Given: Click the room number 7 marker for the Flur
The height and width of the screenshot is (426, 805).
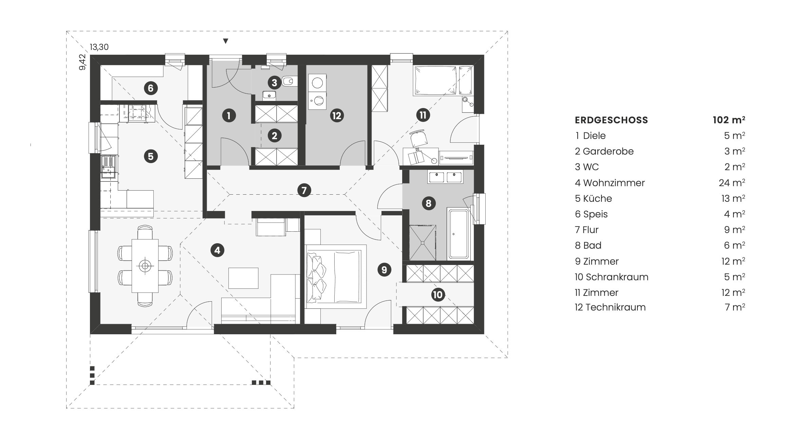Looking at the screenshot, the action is (304, 190).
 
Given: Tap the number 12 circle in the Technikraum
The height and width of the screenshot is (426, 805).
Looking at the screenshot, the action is (337, 116).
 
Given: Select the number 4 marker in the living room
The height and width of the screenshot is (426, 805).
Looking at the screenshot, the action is (217, 251).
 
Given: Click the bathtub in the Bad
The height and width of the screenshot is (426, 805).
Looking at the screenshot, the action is (458, 234).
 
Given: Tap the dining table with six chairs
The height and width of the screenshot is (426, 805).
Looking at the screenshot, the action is (145, 266).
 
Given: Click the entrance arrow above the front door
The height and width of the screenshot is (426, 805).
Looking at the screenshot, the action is (225, 41).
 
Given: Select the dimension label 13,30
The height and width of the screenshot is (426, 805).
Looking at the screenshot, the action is (99, 47).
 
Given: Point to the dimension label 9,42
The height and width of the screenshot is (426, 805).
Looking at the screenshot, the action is (82, 63).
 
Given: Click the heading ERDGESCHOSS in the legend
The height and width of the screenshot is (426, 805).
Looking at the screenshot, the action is (611, 120).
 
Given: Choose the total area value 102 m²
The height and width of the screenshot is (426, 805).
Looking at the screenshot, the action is (729, 120).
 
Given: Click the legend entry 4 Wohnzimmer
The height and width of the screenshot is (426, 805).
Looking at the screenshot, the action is (610, 183).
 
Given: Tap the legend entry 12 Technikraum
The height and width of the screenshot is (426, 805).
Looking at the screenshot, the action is (610, 307).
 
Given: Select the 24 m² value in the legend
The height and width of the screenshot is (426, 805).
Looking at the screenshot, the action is (732, 183).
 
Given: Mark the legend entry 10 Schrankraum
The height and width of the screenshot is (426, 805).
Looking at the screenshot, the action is (611, 277).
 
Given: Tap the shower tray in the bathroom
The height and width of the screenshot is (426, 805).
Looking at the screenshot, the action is (423, 243).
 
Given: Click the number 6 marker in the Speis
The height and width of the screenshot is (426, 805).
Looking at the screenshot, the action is (151, 88).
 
